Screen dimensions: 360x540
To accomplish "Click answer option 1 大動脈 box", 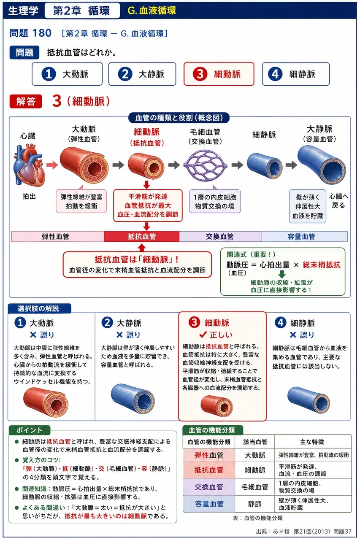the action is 67,74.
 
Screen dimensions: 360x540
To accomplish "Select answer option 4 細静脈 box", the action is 295,74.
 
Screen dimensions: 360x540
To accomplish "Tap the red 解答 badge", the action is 26,101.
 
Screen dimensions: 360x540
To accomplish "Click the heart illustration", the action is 30,165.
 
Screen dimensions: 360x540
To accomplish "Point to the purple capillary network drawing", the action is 205,165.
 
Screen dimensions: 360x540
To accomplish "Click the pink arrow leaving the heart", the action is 52,165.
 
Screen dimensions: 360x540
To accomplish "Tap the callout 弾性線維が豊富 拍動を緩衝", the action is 81,201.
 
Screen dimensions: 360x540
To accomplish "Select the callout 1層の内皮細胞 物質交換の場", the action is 215,201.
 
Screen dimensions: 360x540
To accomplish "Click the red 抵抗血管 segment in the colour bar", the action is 141,237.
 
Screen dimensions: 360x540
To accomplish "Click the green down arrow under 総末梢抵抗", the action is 282,274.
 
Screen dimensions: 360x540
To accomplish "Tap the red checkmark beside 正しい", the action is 203,335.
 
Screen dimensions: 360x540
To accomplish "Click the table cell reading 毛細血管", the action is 254,487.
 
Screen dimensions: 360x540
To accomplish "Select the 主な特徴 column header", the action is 312,442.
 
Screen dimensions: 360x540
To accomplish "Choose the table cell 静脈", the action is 254,504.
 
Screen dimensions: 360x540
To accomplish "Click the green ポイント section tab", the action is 30,430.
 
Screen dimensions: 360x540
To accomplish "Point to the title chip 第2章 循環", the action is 82,11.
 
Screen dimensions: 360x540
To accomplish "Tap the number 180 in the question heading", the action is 42,33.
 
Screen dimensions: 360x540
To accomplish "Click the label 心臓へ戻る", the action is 338,201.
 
